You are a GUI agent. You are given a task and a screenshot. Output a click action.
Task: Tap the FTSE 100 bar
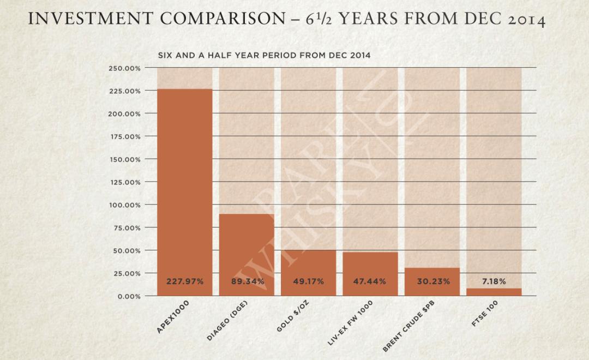[x=494, y=292]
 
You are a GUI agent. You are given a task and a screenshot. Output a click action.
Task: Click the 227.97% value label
[x=184, y=281]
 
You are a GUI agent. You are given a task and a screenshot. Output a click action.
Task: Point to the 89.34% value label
[x=247, y=281]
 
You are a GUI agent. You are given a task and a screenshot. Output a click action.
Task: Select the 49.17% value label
[x=308, y=281]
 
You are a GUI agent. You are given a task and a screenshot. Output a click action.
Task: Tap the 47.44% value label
[x=370, y=281]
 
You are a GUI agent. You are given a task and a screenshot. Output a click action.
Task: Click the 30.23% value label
[x=432, y=281]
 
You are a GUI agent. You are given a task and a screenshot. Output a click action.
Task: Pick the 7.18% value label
[x=494, y=281]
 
